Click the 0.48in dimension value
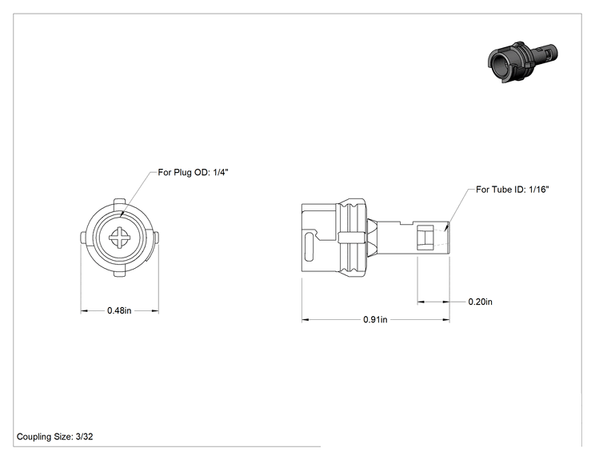pos(119,310)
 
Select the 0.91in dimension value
pos(375,319)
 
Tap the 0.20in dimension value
pos(480,302)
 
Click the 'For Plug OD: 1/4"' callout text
pos(194,172)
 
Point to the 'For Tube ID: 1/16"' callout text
pos(513,190)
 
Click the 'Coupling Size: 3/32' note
pos(54,437)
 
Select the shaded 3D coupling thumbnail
pos(523,62)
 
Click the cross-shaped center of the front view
pos(120,238)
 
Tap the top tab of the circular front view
pos(120,202)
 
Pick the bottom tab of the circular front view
pos(120,274)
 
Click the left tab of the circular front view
pos(84,238)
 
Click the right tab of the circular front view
pos(156,238)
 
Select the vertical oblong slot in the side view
pos(309,246)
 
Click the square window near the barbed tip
pos(425,238)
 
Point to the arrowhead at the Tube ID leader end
pos(446,227)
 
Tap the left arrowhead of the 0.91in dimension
pos(305,319)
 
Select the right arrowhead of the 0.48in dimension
pos(155,311)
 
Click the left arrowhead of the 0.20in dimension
pos(421,302)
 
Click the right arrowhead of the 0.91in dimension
pos(446,319)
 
